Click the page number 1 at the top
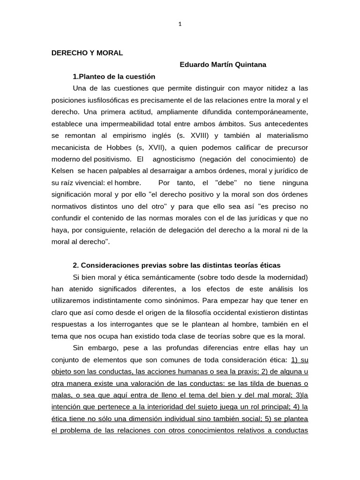pyautogui.click(x=180, y=24)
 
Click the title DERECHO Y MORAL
pyautogui.click(x=87, y=53)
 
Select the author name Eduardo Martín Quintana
pyautogui.click(x=223, y=65)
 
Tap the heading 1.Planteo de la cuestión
pyautogui.click(x=114, y=76)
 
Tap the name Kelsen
pyautogui.click(x=62, y=170)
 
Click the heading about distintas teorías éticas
pyautogui.click(x=177, y=265)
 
